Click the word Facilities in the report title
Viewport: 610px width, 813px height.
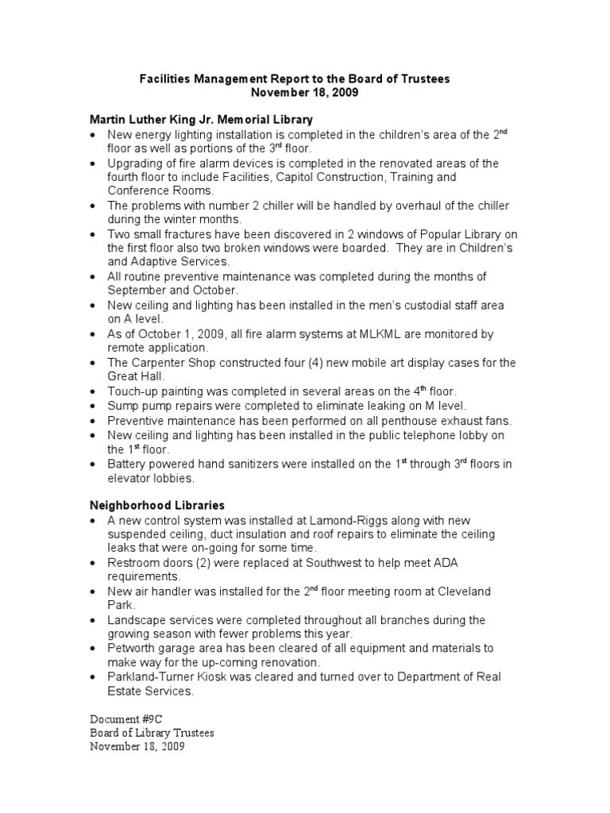164,79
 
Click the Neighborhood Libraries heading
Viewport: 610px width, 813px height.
156,505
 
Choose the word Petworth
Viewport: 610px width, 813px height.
133,649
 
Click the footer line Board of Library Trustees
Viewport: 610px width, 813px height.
152,733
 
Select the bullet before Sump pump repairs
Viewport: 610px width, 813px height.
94,406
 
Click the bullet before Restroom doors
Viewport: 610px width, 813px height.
94,563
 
